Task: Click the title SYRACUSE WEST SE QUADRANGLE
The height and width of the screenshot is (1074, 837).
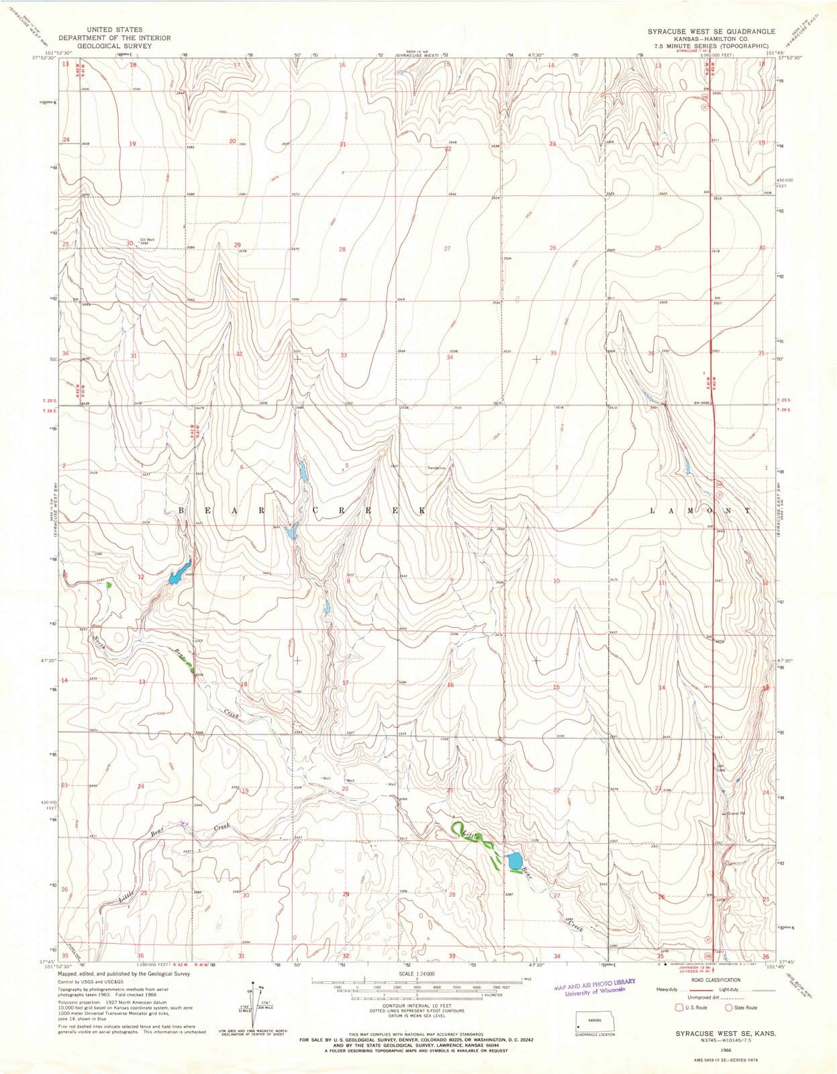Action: coord(711,32)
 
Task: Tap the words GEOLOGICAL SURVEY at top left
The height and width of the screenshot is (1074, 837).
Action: coord(114,46)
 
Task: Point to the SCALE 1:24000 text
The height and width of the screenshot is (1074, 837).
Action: coord(416,973)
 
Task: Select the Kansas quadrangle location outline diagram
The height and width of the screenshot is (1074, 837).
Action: coord(594,1023)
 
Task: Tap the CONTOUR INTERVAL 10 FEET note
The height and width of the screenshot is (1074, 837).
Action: coord(416,1005)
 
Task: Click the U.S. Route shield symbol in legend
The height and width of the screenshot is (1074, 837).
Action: coord(680,1007)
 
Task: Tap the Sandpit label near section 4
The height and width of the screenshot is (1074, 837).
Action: coord(436,469)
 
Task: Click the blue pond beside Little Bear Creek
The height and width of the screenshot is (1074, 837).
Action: coord(514,860)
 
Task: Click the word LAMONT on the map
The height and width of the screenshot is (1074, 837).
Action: coord(699,511)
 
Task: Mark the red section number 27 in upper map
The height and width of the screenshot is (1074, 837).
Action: coord(447,249)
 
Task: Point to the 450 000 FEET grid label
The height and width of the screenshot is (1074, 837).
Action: coord(785,183)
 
